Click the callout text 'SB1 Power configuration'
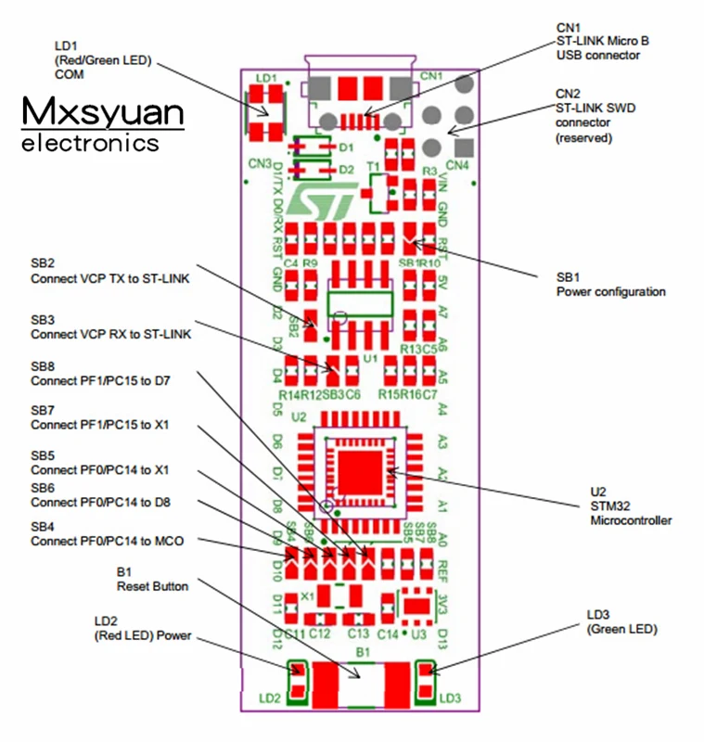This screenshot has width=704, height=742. [x=610, y=285]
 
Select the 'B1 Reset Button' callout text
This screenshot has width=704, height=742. [x=152, y=580]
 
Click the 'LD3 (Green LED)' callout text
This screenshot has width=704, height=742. [x=621, y=622]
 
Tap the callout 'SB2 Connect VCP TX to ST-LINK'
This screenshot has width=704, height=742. [x=110, y=270]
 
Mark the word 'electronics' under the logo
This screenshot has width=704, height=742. [x=90, y=144]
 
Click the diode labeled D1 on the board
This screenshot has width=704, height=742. [x=312, y=147]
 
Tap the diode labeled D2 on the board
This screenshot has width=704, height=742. [x=312, y=170]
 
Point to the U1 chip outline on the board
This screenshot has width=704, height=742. [x=360, y=307]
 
